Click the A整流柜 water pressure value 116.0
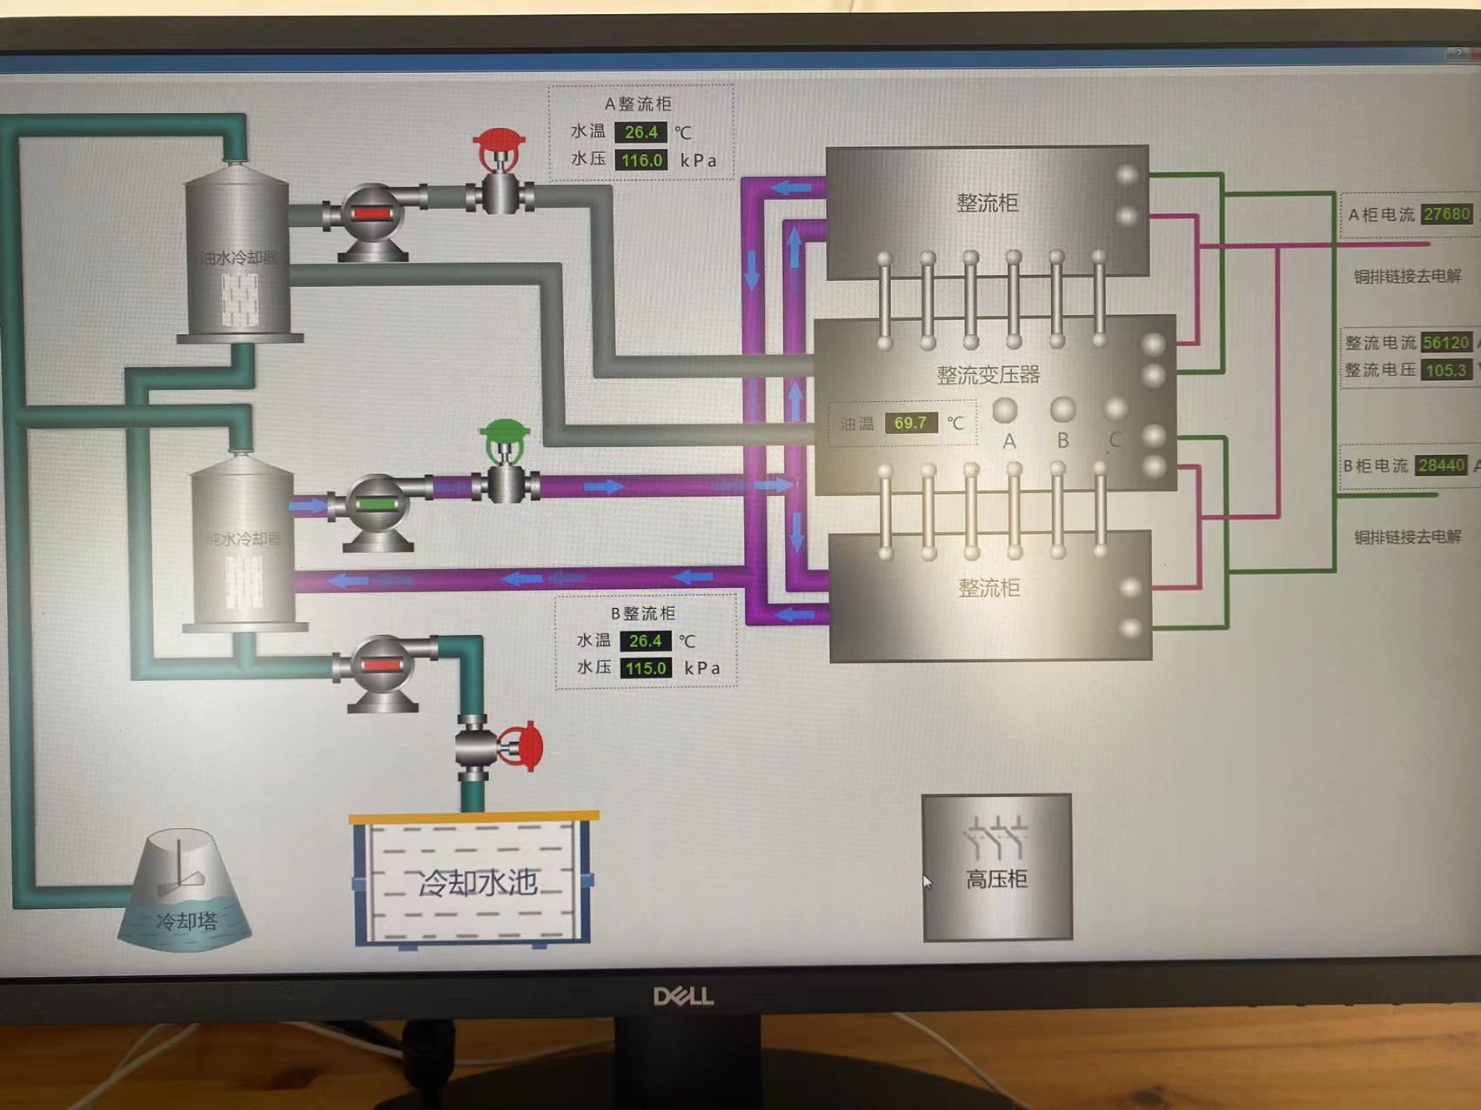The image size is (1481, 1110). (642, 160)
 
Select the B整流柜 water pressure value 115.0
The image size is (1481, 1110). (646, 668)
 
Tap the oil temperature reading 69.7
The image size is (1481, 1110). (910, 423)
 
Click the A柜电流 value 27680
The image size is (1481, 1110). (1447, 214)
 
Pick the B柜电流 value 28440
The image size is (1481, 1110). (1441, 465)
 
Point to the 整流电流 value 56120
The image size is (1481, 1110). (1446, 343)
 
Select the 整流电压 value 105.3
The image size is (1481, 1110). (1446, 371)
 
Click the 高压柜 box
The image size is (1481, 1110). (996, 867)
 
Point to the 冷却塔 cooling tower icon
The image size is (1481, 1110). (184, 892)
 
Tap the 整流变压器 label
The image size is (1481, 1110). (988, 375)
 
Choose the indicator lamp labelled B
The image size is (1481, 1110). (1062, 410)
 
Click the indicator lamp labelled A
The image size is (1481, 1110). (1005, 410)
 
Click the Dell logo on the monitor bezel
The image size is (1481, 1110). (683, 996)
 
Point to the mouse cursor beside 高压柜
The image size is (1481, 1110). (927, 882)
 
